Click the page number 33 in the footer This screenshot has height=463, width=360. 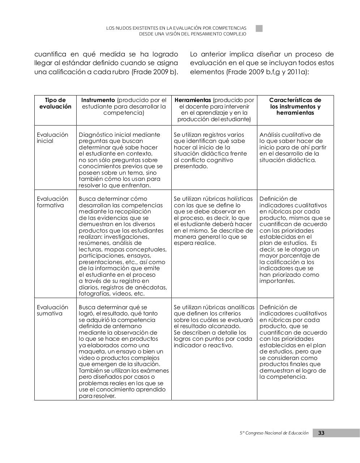[321, 433]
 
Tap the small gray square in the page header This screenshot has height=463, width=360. [259, 29]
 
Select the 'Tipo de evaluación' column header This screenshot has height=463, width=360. [55, 103]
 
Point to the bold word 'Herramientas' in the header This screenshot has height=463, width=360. [192, 100]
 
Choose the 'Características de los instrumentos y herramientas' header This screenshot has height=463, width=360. [295, 106]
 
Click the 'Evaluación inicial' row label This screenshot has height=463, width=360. [52, 138]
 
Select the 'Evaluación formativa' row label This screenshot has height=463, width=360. [52, 202]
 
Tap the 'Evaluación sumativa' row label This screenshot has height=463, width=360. [52, 310]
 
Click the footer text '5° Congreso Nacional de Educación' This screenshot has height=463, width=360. [274, 433]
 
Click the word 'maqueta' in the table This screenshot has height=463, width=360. [90, 352]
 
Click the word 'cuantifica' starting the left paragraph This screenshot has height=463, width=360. [50, 54]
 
